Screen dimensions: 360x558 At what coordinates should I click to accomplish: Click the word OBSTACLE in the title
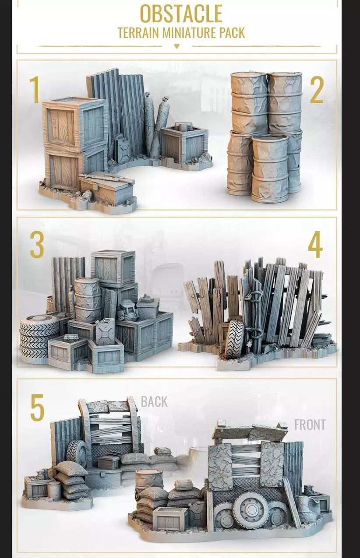(181, 14)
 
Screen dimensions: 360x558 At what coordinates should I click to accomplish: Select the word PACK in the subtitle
(233, 33)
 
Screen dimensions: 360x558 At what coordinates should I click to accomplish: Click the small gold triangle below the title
(177, 46)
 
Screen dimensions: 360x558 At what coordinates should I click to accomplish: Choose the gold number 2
(317, 90)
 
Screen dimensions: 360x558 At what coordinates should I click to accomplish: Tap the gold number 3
(37, 245)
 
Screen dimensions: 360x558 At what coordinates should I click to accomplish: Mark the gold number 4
(315, 245)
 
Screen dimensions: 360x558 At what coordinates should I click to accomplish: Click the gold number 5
(37, 407)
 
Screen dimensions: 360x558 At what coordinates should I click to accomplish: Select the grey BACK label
(154, 402)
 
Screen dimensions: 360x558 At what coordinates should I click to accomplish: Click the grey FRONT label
(310, 425)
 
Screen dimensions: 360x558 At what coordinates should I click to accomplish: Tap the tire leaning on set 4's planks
(234, 339)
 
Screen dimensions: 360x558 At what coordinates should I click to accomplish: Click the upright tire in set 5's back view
(77, 453)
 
